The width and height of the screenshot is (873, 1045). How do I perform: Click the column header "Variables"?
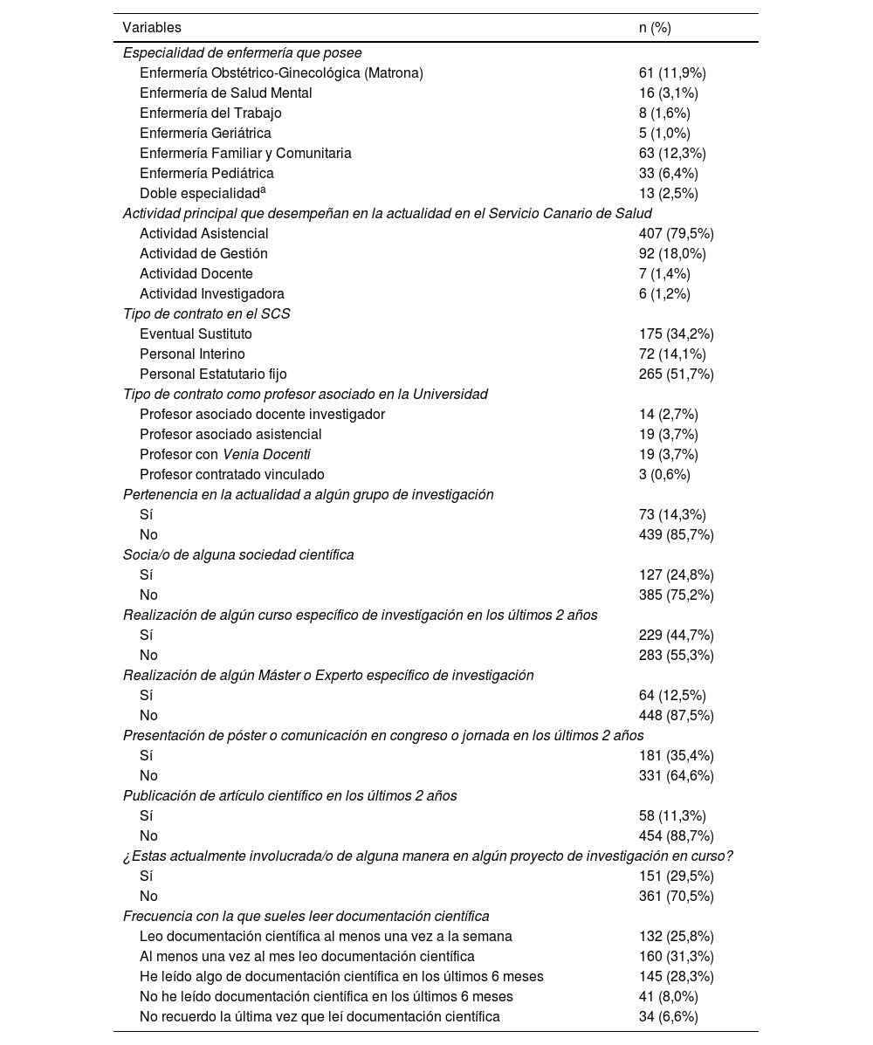pos(152,28)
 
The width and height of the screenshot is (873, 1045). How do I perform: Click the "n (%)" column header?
pos(655,28)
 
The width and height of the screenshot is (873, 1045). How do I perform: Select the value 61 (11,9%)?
pos(672,73)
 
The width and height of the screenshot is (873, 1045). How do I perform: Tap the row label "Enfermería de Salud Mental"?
pos(225,93)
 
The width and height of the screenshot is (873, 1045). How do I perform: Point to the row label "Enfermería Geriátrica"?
pos(205,134)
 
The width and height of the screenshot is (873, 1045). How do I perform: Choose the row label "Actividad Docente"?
pos(196,274)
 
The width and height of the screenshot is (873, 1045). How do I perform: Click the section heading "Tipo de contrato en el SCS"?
pos(207,314)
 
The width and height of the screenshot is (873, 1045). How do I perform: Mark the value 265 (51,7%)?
pos(677,375)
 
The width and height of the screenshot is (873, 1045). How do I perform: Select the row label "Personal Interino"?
pos(192,354)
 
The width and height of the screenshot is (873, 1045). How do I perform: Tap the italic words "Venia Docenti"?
pos(266,455)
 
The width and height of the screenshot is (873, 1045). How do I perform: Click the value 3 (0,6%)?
pos(664,475)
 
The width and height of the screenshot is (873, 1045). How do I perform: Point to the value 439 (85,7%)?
pos(677,535)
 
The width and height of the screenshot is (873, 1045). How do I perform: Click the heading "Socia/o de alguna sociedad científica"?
pos(238,555)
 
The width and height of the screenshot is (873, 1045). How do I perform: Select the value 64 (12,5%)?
pos(672,696)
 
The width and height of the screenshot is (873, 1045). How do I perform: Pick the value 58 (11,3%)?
pos(672,816)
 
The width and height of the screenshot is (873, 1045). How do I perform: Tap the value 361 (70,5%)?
pos(677,897)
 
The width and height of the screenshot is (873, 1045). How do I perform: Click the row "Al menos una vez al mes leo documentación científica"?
pos(307,957)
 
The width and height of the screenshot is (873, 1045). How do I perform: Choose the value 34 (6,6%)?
pos(668,1017)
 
